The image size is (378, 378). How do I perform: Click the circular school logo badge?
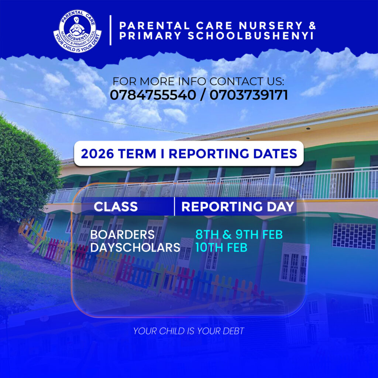click(x=78, y=31)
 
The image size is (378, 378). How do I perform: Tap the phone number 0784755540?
click(x=153, y=95)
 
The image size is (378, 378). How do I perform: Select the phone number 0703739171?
click(x=248, y=95)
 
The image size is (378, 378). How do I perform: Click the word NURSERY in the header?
click(x=271, y=25)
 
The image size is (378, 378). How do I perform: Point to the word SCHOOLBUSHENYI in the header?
click(x=251, y=36)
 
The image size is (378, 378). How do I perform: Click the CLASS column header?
click(x=116, y=207)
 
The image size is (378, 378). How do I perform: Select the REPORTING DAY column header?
click(x=238, y=207)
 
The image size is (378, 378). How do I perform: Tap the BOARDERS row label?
click(x=123, y=234)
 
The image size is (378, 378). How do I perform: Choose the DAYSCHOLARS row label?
click(x=135, y=248)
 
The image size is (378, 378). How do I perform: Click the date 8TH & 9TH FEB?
click(x=239, y=234)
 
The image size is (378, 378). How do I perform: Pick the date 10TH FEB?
click(x=221, y=248)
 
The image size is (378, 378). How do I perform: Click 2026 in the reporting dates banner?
click(x=97, y=154)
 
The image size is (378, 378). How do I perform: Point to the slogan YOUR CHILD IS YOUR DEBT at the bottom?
click(x=189, y=331)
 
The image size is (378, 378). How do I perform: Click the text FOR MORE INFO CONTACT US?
click(x=198, y=82)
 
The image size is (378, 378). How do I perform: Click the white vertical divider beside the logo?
click(x=110, y=30)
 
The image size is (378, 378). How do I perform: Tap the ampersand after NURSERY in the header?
click(x=312, y=25)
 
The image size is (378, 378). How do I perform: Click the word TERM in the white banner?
click(x=137, y=154)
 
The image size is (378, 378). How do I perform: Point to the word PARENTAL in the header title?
click(x=155, y=25)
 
